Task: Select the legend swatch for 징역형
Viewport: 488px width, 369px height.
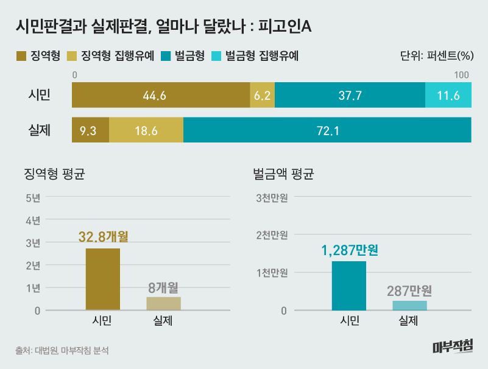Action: pos(21,56)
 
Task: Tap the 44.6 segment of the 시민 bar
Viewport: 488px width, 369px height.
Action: pos(161,95)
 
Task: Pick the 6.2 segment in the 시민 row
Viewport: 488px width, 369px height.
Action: pos(263,95)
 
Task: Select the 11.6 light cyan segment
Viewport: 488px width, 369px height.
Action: pos(448,95)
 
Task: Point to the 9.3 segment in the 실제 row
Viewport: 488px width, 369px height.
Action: pos(90,130)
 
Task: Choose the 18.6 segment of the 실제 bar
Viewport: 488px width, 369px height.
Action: pos(146,130)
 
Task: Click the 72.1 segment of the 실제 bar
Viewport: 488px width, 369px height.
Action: pos(327,130)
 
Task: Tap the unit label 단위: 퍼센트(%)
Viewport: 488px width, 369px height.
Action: pos(436,56)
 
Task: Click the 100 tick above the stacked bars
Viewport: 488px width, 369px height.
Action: pos(462,75)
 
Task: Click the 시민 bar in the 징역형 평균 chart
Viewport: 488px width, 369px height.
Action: pos(103,279)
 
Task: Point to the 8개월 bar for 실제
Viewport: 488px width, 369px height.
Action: pos(164,303)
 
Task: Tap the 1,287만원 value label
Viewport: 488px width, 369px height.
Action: pos(348,250)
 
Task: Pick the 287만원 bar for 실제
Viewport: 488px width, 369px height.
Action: pos(409,305)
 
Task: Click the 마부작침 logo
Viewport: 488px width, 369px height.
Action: pos(452,346)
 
